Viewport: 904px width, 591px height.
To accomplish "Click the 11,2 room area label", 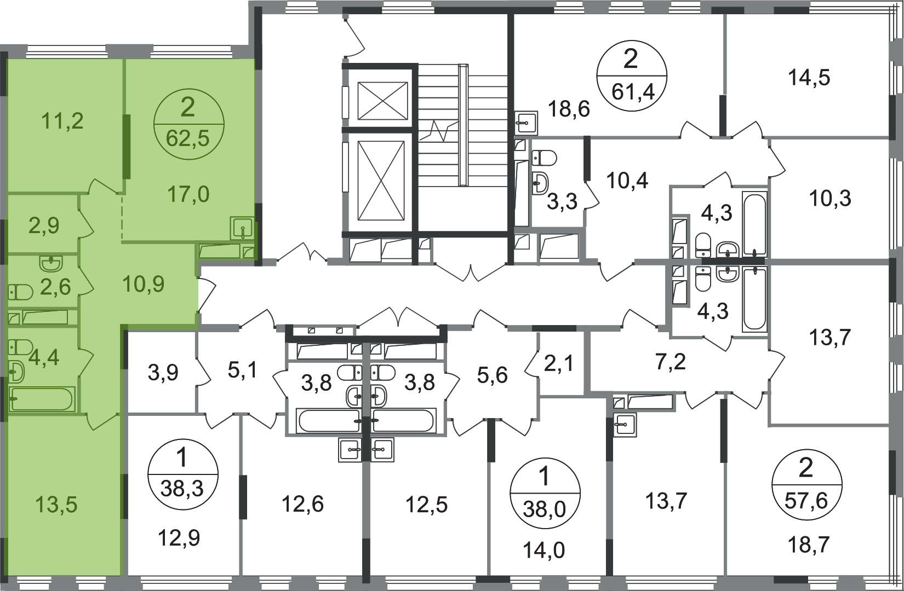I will coord(62,120).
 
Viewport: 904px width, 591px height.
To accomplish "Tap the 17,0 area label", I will coord(188,194).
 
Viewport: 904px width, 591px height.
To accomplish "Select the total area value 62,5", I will coord(188,139).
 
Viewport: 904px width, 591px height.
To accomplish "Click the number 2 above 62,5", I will coord(187,108).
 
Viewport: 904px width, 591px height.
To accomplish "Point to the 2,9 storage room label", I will coord(44,225).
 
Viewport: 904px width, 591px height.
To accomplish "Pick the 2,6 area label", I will coord(55,286).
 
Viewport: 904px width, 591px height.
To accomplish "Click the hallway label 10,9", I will coord(144,285).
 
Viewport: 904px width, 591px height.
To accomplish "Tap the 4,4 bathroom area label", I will coord(44,357).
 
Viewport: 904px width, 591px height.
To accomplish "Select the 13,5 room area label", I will coord(57,505).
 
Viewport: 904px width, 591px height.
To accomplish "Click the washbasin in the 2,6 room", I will coord(52,264).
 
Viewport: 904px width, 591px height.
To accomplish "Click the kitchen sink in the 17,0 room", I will coord(241,227).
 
